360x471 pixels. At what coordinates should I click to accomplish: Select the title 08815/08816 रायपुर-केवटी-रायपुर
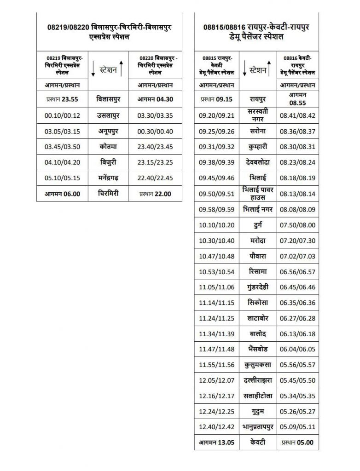[x=256, y=28]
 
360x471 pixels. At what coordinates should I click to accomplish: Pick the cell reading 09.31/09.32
[x=217, y=147]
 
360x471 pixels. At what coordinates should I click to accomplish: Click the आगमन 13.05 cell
[x=217, y=442]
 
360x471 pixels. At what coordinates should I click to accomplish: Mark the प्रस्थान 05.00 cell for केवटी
[x=297, y=442]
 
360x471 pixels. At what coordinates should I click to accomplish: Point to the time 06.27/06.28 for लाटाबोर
[x=297, y=318]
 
